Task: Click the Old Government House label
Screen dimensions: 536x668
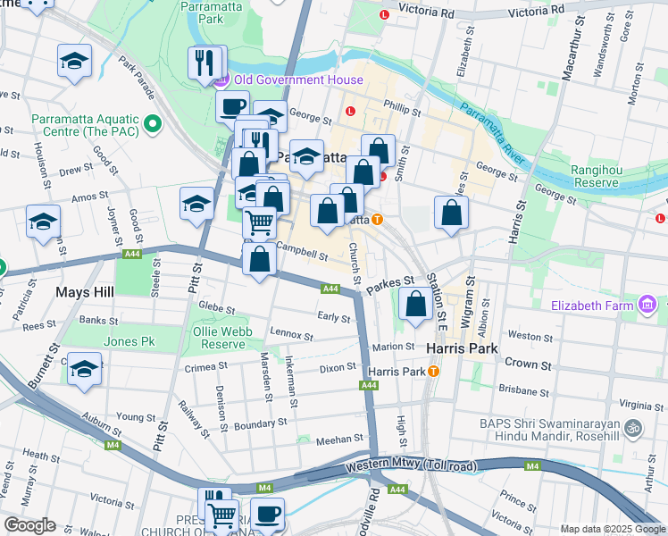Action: point(298,80)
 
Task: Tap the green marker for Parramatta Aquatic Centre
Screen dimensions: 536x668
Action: point(153,123)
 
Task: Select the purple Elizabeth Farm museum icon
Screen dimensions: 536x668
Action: point(649,306)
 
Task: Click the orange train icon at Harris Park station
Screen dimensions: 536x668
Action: point(433,371)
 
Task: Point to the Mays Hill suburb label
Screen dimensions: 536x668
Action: point(82,291)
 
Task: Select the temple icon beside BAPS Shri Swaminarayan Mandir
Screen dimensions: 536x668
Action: point(634,428)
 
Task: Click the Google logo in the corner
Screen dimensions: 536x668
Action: point(29,525)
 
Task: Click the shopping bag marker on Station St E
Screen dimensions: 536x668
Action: point(415,304)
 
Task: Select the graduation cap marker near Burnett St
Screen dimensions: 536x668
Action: point(84,369)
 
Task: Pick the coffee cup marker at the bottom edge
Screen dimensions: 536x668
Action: point(267,515)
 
